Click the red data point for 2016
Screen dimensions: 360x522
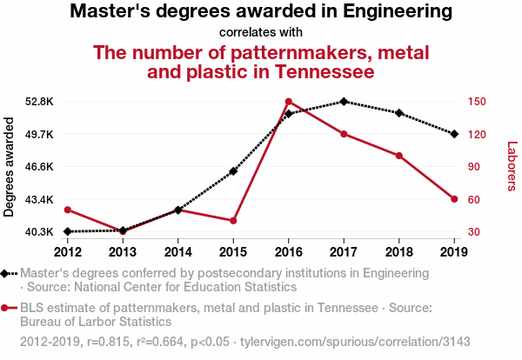(289, 102)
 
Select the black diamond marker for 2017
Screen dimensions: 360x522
(344, 102)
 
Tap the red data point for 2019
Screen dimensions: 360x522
(454, 199)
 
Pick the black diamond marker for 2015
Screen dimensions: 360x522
(233, 171)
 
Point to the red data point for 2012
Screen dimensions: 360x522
(68, 210)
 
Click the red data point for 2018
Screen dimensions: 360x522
(398, 156)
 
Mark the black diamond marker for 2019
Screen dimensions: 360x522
(454, 133)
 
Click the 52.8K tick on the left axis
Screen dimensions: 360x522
(40, 102)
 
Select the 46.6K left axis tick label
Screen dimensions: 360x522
(40, 166)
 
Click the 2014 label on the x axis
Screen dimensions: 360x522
(178, 252)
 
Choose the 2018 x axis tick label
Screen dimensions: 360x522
(398, 252)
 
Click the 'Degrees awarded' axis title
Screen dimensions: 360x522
(10, 167)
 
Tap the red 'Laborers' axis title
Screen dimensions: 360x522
(512, 166)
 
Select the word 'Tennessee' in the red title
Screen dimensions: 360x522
(325, 70)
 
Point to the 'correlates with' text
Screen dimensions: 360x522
(261, 32)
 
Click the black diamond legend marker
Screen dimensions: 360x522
(5, 272)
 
